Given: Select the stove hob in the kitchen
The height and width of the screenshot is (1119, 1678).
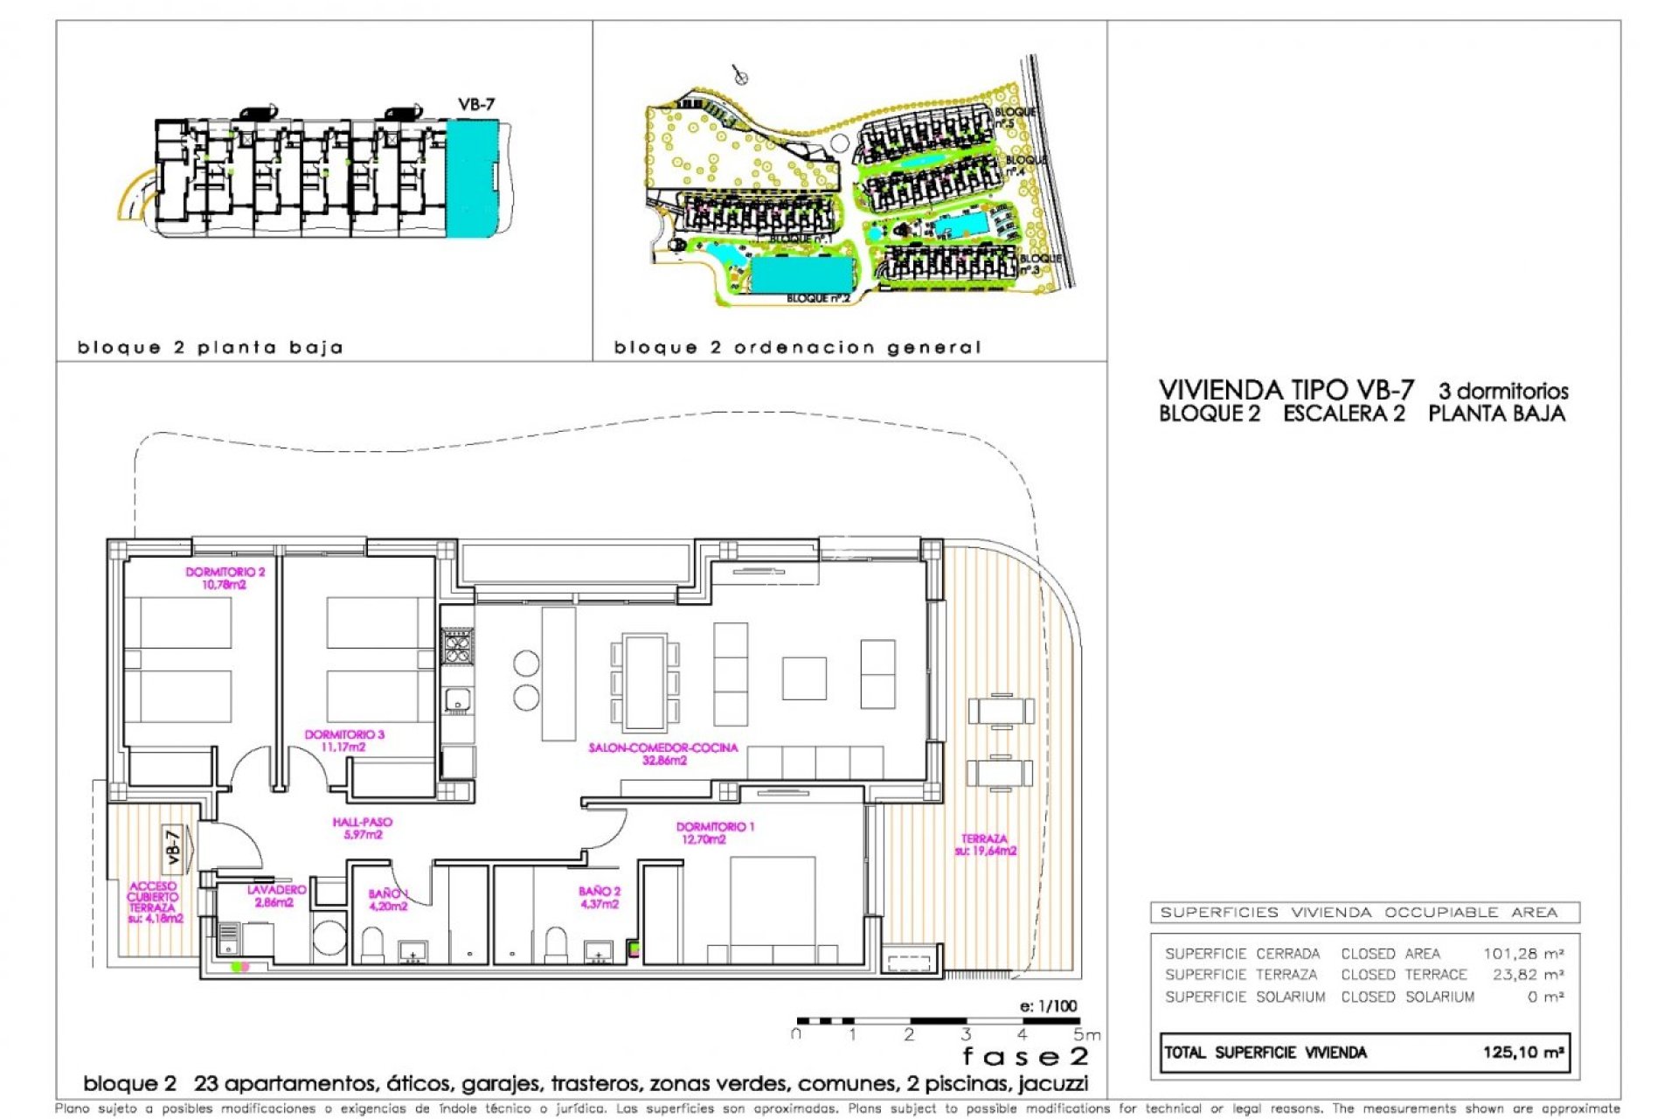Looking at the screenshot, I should click(x=457, y=646).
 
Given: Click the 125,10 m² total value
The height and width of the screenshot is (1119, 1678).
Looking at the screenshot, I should click(x=1522, y=1052).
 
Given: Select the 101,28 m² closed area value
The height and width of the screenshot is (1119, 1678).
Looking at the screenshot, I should click(x=1522, y=953).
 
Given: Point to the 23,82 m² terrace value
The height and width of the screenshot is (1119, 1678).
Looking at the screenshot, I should click(x=1528, y=974).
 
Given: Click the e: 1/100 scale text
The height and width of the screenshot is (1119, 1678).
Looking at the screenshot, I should click(x=1048, y=1005).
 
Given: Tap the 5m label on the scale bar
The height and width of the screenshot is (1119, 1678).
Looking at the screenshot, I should click(x=1086, y=1035).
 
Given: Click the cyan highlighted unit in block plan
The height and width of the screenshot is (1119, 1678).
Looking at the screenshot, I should click(x=471, y=178).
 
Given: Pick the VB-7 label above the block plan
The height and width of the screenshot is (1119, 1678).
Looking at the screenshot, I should click(x=476, y=104).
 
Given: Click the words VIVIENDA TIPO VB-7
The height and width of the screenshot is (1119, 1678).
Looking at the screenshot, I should click(x=1286, y=390).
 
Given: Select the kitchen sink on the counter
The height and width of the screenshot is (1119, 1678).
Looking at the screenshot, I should click(x=457, y=699).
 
